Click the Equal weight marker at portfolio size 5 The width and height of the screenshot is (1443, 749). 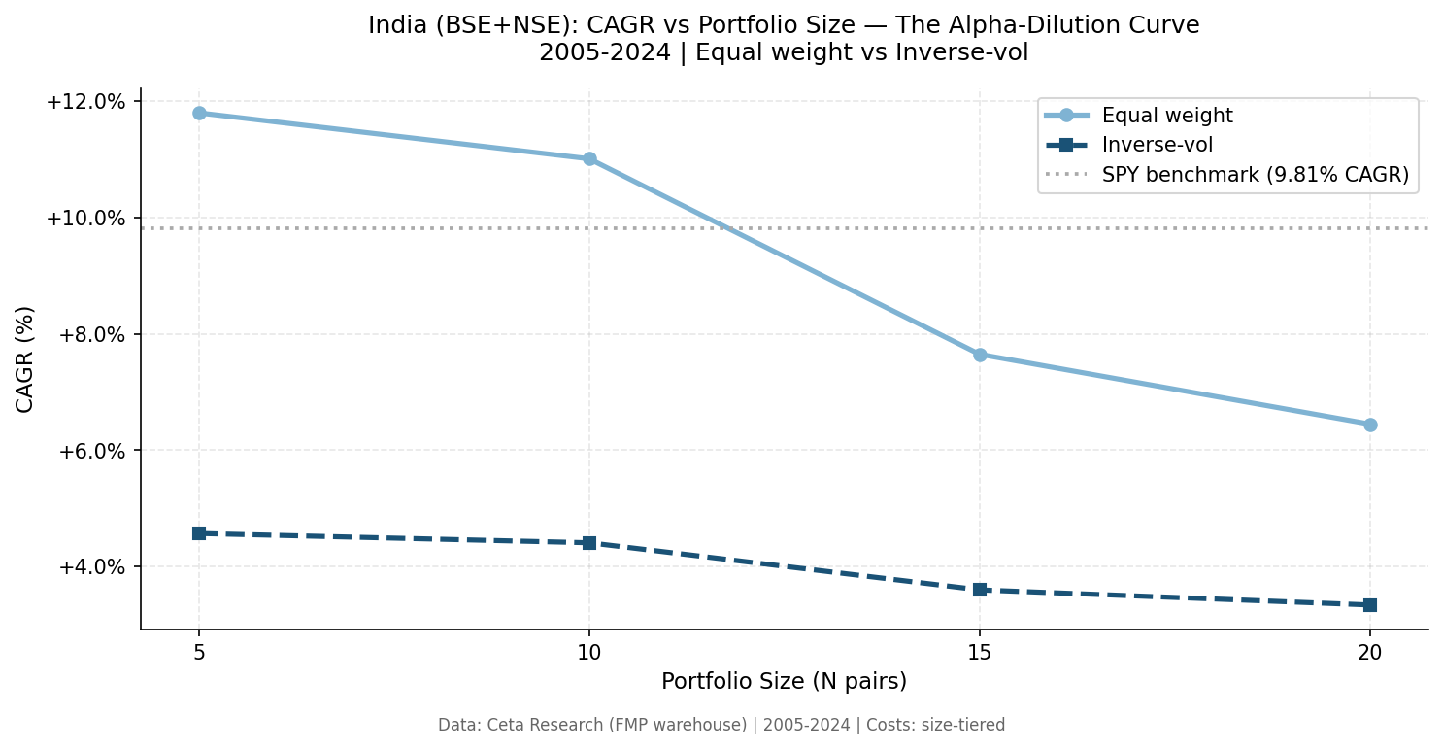coord(199,113)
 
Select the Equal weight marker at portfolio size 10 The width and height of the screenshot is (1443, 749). coord(589,158)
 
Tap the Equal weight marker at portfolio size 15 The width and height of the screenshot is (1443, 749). coord(980,355)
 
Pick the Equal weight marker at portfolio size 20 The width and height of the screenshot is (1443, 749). coord(1370,425)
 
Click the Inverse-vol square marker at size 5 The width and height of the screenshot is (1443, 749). coord(199,533)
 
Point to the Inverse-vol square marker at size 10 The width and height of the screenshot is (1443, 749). coord(589,542)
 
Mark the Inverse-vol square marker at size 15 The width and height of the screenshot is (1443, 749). coord(980,590)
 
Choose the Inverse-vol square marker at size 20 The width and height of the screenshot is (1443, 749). coord(1370,604)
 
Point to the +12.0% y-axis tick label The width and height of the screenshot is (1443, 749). coord(86,102)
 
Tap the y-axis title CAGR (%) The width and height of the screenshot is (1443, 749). coord(25,358)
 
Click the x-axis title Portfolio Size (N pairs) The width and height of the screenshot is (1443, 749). coord(784,682)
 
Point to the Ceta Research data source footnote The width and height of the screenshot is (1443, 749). coord(721,725)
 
